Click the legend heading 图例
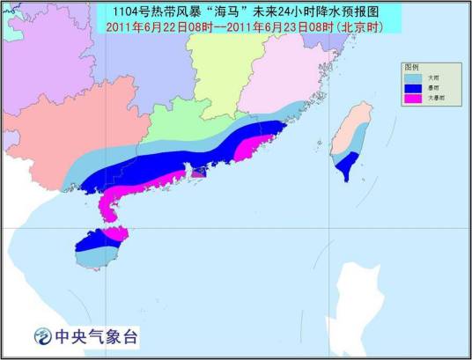coord(411,67)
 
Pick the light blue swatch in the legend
coord(412,77)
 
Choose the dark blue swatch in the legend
coord(412,88)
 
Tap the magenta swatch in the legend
coord(412,98)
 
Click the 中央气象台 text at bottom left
coord(96,335)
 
